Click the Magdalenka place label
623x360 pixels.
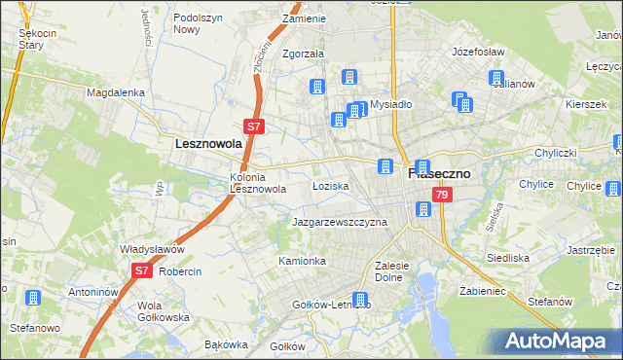(x=115, y=92)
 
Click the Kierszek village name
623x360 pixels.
(x=585, y=102)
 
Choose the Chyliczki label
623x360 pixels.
(x=556, y=154)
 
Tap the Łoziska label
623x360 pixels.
(x=330, y=185)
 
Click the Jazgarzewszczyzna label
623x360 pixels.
(x=340, y=222)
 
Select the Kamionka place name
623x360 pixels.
(x=302, y=261)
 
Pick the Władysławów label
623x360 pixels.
(x=145, y=248)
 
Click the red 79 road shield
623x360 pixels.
(x=443, y=196)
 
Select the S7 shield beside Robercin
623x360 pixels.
(x=142, y=270)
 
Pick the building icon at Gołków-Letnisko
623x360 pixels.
(x=360, y=301)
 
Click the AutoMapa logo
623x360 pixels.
(x=555, y=341)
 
